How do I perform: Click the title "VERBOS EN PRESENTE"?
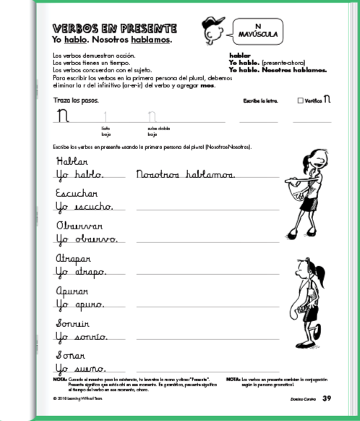point(115,28)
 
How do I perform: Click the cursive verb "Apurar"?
point(74,292)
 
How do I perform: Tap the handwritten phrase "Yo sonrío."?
point(81,337)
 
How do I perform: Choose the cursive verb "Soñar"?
point(71,357)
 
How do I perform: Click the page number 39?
point(327,398)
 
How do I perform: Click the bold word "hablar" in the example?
point(239,55)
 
